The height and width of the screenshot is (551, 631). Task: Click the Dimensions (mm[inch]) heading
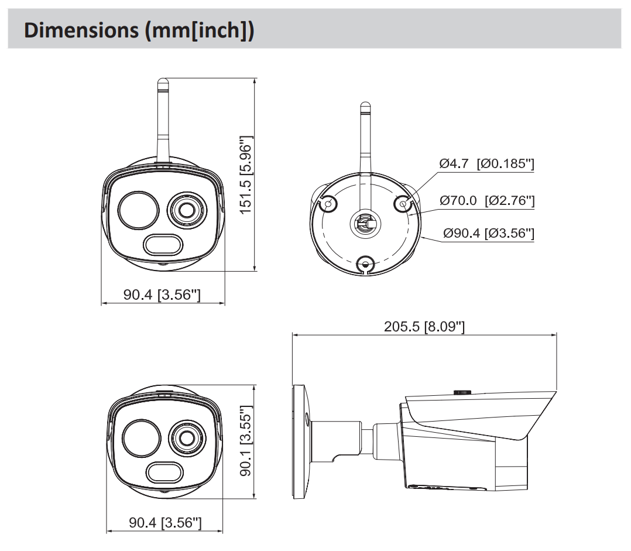[x=139, y=30]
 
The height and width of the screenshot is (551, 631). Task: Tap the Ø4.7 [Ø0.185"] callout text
[x=486, y=164]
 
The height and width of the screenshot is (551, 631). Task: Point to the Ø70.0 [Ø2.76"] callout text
[x=487, y=201]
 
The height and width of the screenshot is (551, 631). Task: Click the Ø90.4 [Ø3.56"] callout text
[x=488, y=233]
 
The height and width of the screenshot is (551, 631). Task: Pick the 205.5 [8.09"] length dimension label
[x=424, y=326]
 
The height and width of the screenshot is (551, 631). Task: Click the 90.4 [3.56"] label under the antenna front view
[x=162, y=295]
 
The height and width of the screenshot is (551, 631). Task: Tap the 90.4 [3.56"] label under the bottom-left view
[x=165, y=522]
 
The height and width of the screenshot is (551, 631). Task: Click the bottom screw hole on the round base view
[x=365, y=265]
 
